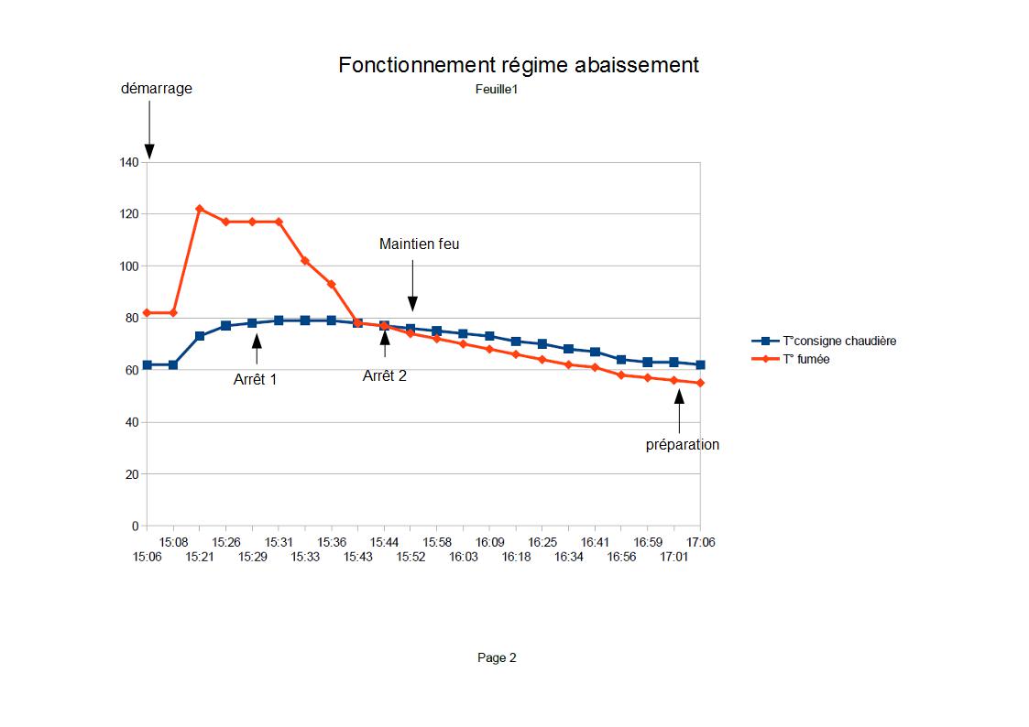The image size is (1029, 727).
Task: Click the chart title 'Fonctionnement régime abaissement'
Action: (518, 65)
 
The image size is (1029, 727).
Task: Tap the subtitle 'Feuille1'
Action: (497, 89)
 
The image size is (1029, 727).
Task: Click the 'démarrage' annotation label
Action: (157, 89)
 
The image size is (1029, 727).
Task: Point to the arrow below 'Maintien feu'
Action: (412, 286)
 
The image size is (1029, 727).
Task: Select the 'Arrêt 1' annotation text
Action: (255, 380)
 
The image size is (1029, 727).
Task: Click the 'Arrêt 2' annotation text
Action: (385, 375)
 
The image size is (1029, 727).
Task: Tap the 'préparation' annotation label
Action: (683, 445)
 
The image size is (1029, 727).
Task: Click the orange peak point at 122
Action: (200, 209)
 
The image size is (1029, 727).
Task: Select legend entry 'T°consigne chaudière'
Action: (839, 341)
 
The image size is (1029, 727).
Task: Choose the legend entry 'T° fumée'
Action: (806, 360)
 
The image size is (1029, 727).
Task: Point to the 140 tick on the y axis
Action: (128, 163)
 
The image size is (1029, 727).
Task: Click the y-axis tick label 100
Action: (128, 266)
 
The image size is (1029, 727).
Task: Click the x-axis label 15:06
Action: (147, 557)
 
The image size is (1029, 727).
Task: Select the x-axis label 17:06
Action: (701, 543)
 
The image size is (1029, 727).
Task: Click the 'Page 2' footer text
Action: (497, 657)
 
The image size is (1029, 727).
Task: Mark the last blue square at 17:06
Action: (701, 364)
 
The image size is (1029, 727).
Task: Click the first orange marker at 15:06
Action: (147, 312)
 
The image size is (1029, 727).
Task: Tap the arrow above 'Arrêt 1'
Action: (257, 349)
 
